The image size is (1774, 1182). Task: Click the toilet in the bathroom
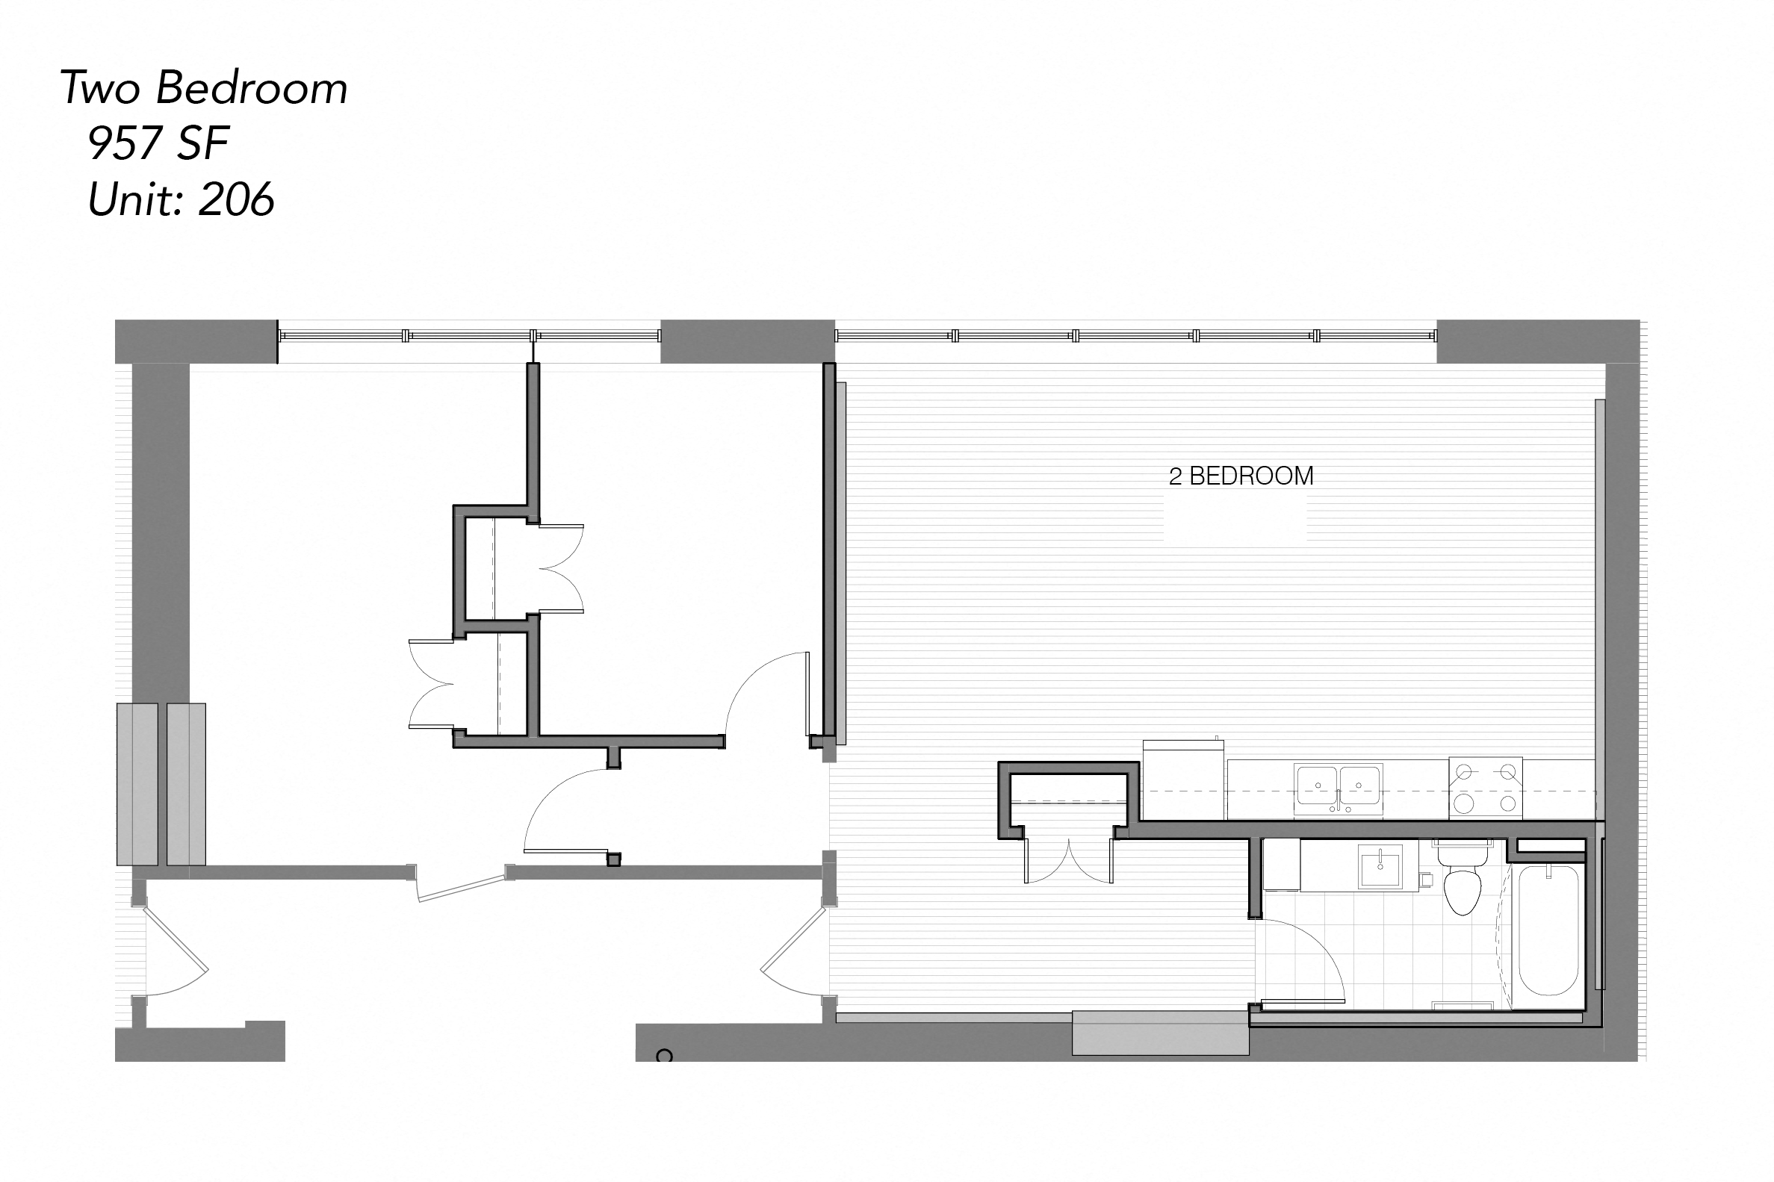pos(1463,883)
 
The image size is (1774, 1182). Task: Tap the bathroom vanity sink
pos(1380,866)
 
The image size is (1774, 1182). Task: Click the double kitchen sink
pos(1339,788)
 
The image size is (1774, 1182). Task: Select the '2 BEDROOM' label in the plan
pos(1241,476)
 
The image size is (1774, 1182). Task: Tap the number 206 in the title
pos(237,200)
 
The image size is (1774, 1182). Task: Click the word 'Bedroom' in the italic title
pos(252,88)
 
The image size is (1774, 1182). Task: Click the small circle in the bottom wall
pos(664,1056)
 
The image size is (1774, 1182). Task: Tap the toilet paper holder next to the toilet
pos(1426,880)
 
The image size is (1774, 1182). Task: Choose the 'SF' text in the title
pos(202,143)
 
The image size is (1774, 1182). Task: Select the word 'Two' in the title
pos(100,88)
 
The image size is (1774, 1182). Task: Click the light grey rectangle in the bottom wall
pos(1160,1033)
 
